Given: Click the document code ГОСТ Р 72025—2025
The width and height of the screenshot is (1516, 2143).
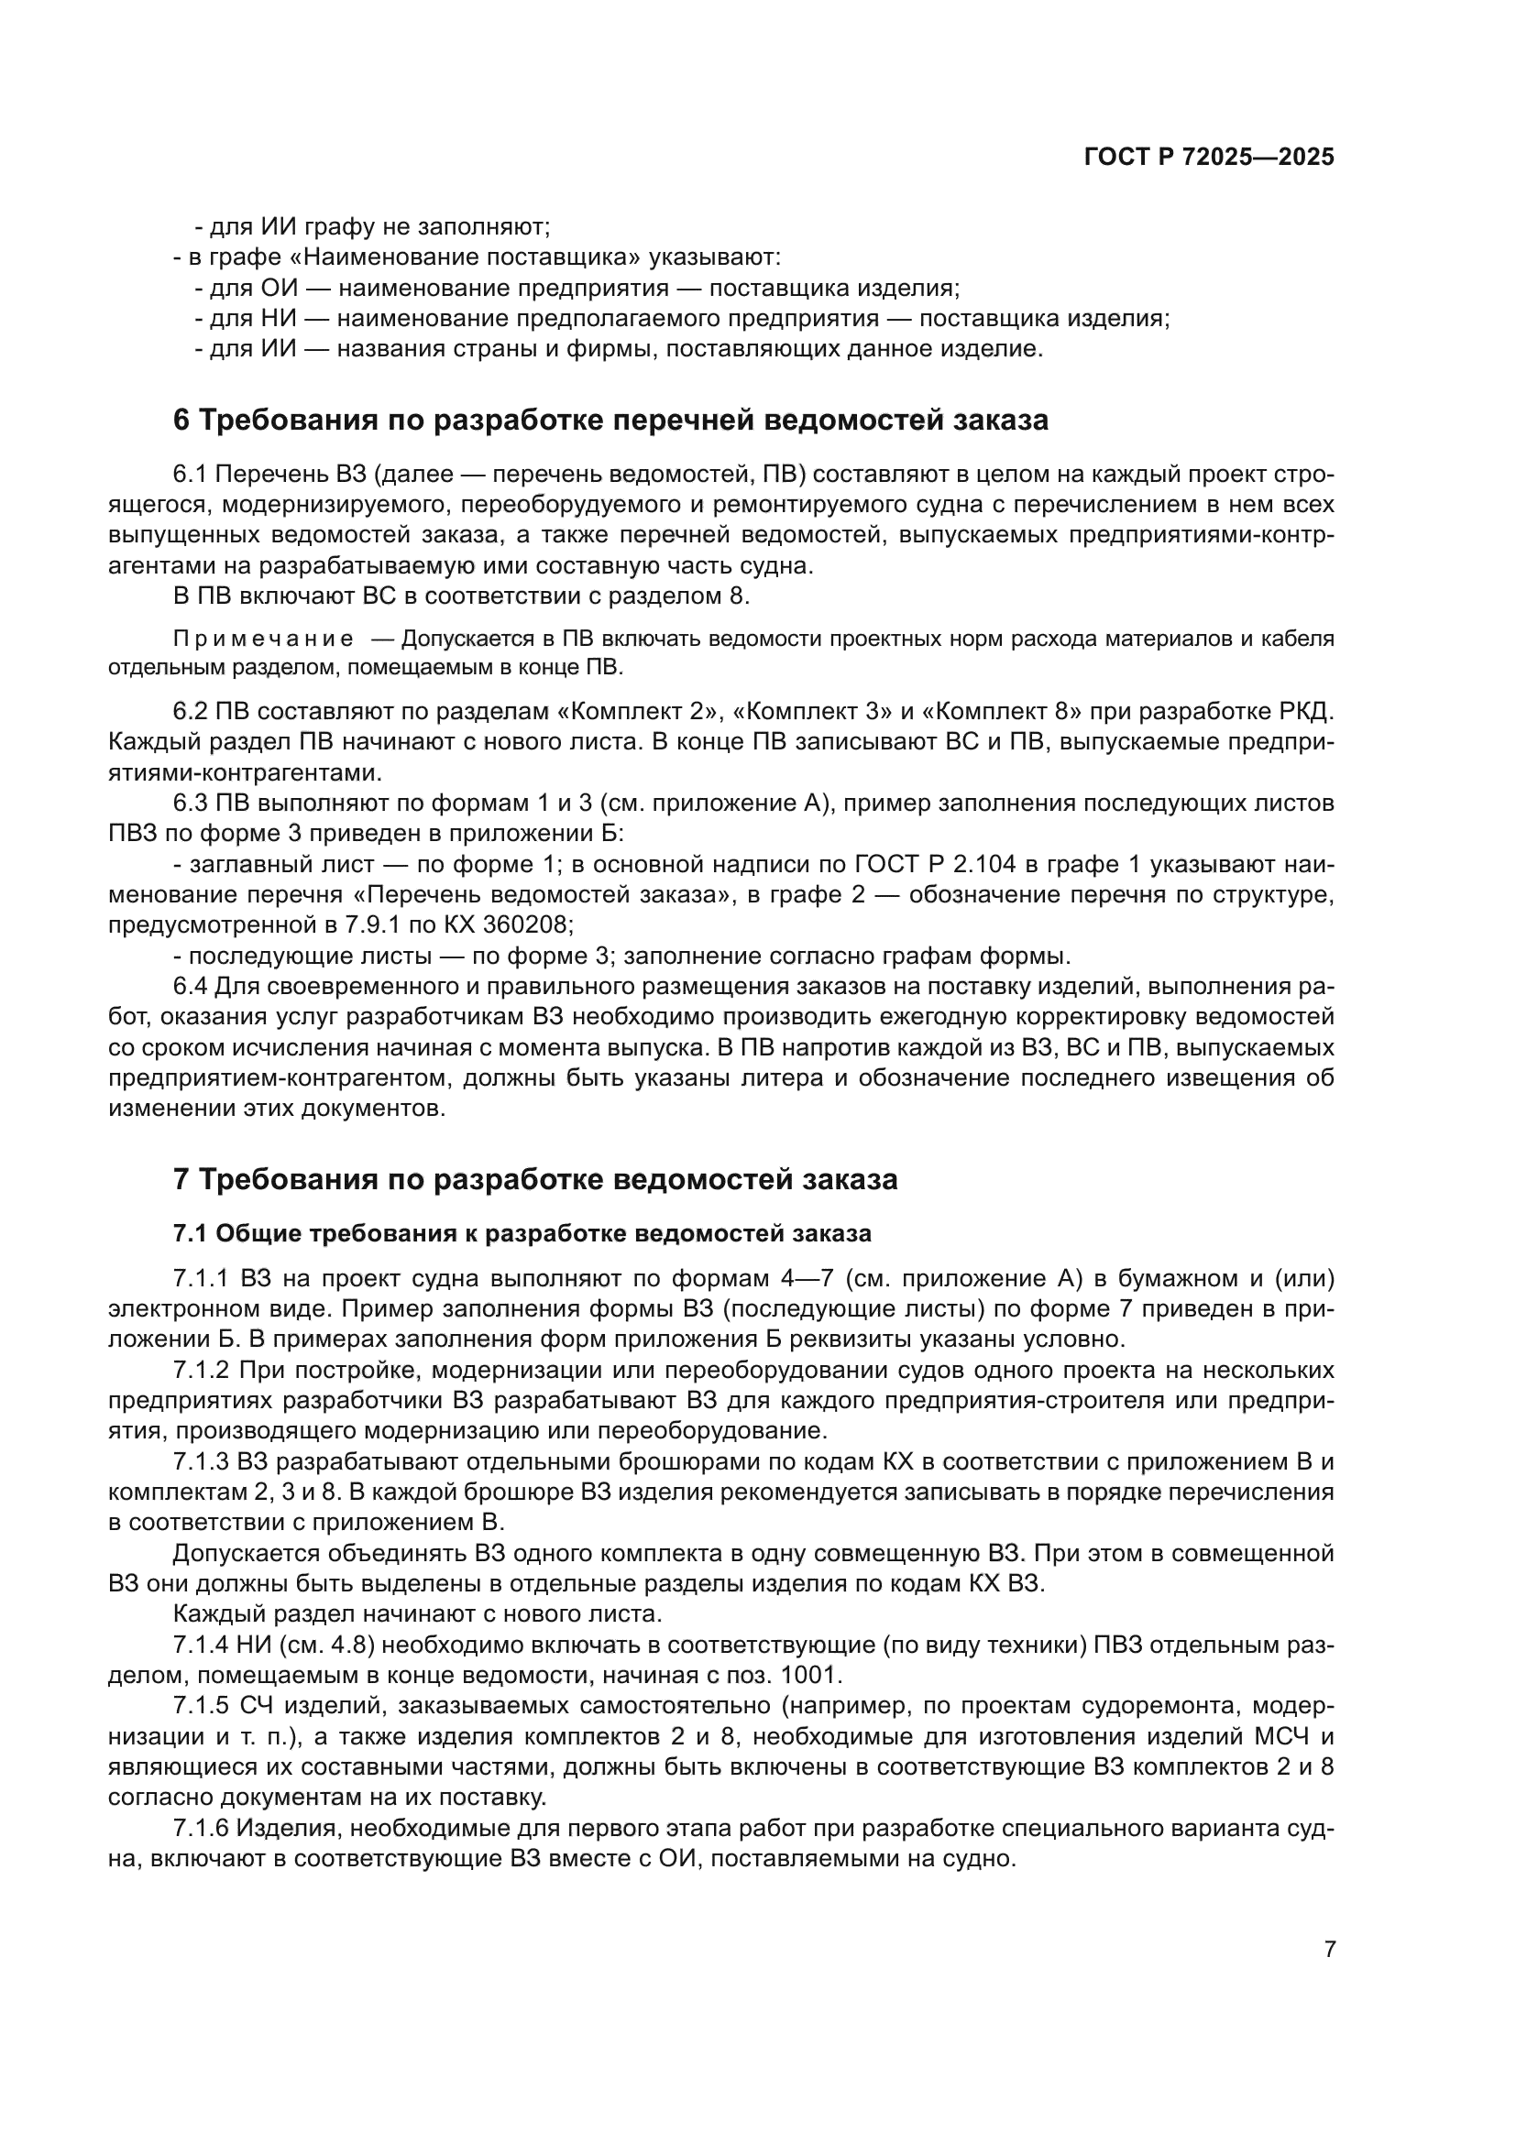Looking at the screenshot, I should [1209, 158].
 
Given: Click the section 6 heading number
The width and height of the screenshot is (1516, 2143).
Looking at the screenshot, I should [181, 420].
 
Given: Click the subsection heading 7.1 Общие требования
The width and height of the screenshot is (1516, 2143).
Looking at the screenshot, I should [522, 1233].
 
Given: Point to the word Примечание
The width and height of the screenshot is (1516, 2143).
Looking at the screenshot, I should [263, 640].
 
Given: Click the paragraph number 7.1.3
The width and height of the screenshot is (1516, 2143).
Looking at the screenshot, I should [201, 1461].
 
